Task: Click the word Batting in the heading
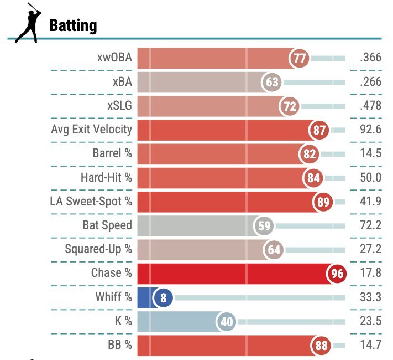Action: (73, 25)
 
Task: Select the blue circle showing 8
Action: (163, 297)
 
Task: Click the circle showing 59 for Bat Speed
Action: (264, 226)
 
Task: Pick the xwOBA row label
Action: (113, 58)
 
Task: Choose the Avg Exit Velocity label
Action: (91, 130)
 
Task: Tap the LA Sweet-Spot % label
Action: (91, 202)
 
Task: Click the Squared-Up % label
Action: (98, 249)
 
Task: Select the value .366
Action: (370, 58)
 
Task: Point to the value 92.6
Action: (370, 130)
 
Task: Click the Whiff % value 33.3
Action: (370, 297)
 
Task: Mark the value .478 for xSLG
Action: (370, 106)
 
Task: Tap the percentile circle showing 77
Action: (300, 58)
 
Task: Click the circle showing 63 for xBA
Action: (272, 83)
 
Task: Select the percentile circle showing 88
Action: (321, 346)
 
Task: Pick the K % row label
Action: (120, 321)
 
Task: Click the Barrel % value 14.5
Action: (370, 153)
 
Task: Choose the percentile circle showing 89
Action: (323, 202)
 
